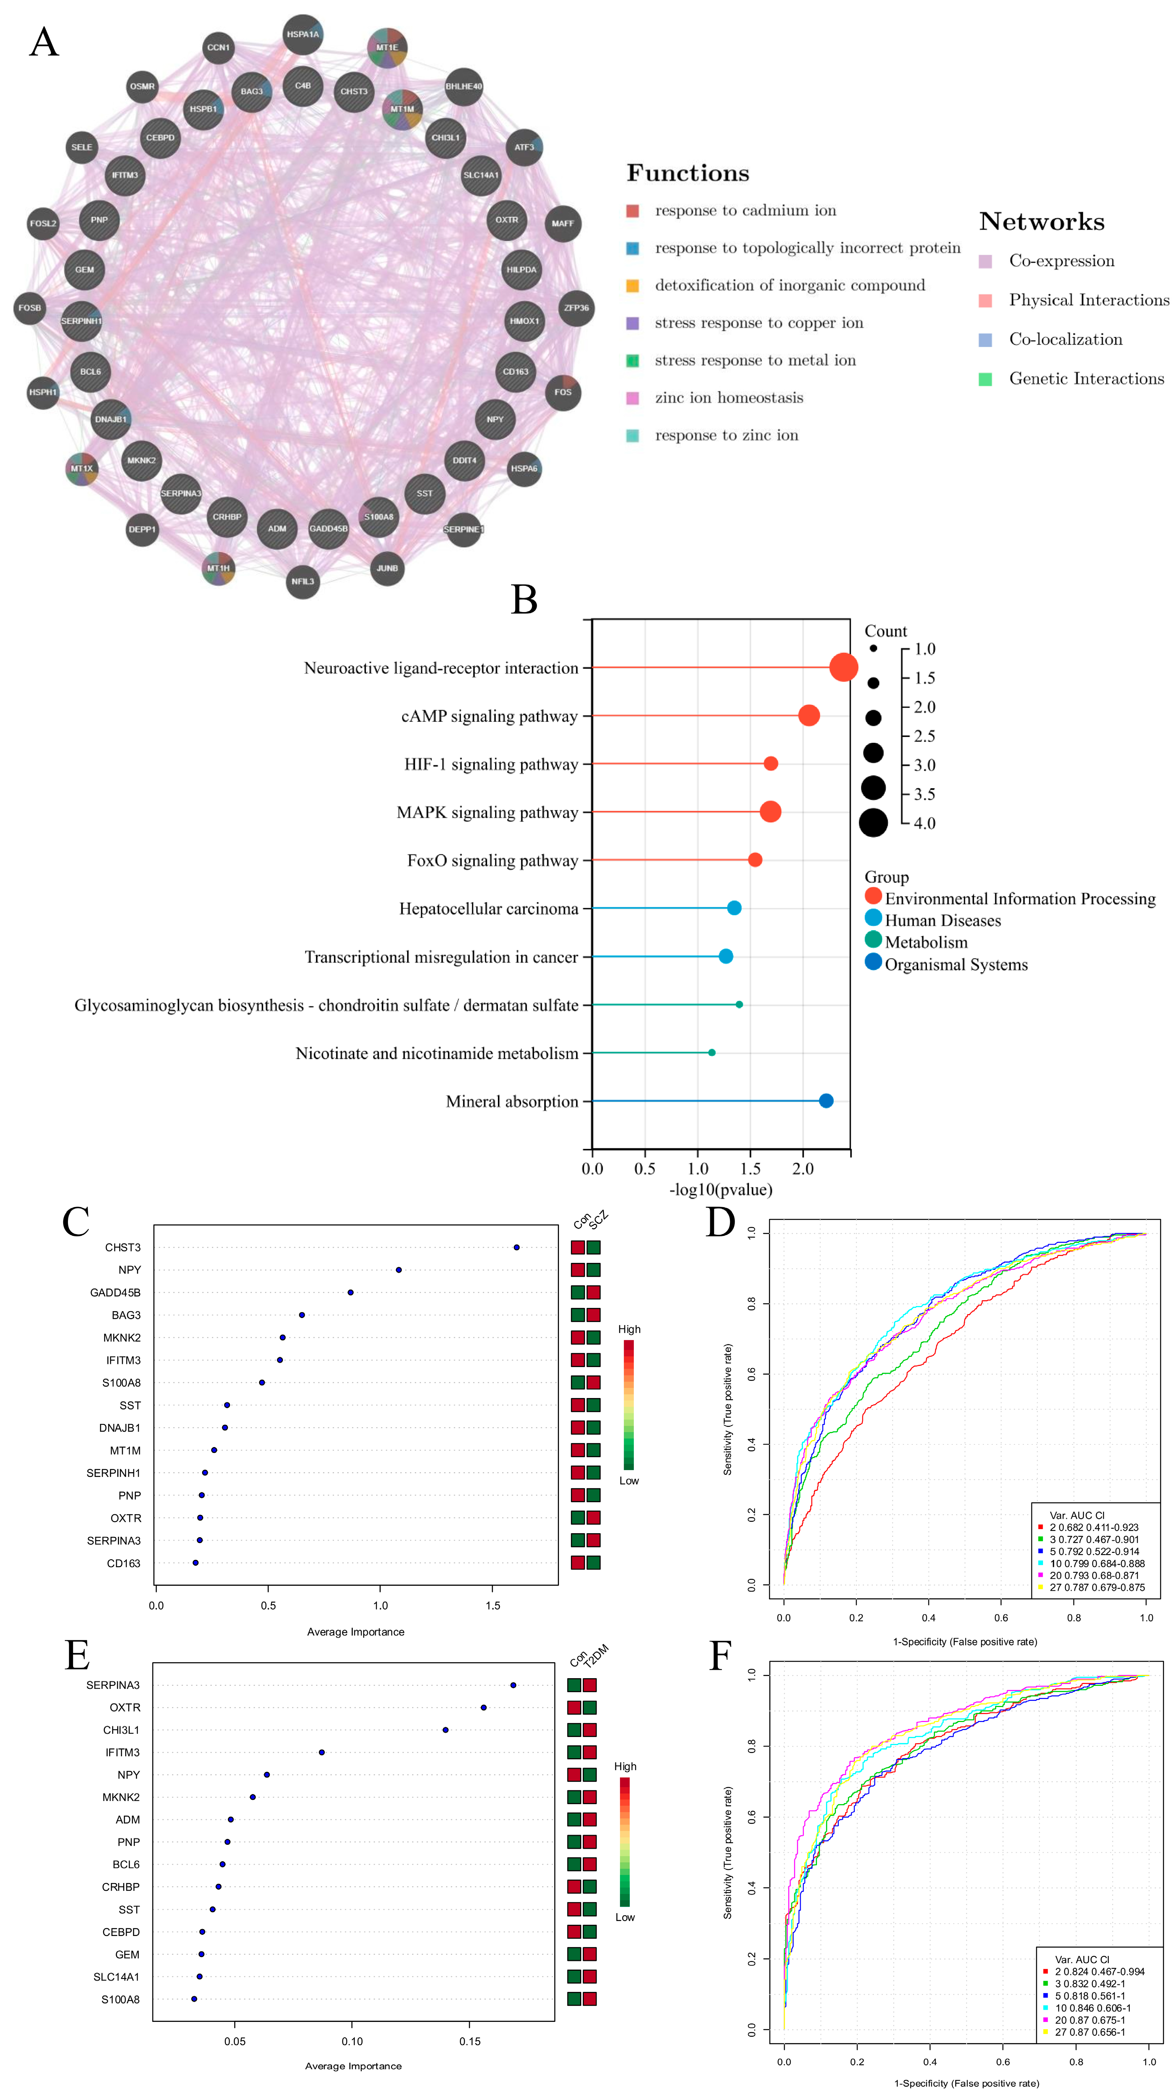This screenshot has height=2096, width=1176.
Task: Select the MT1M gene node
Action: click(402, 109)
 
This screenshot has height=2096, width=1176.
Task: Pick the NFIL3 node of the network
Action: click(303, 581)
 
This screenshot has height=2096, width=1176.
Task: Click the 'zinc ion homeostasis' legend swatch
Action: click(632, 398)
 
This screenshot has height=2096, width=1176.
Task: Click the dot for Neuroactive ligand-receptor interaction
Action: click(843, 667)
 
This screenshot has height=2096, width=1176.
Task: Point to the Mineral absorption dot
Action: click(826, 1101)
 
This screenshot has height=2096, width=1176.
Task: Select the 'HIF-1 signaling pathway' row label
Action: click(491, 764)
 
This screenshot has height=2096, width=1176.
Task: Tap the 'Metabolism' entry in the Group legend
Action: click(926, 942)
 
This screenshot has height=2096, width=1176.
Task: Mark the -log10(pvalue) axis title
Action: click(720, 1190)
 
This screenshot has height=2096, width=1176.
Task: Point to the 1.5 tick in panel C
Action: click(492, 1606)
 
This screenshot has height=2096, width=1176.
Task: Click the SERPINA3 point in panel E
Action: click(513, 1685)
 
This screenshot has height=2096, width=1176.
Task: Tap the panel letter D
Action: click(720, 1222)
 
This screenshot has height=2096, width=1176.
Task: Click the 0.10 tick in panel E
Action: click(353, 2041)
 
